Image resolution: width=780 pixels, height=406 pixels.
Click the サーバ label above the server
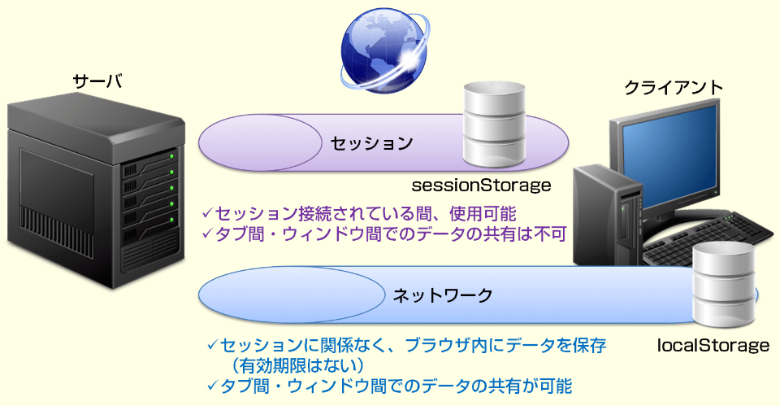(x=97, y=81)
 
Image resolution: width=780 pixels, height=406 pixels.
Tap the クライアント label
(x=674, y=88)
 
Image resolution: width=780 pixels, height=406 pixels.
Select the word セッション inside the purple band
(x=371, y=143)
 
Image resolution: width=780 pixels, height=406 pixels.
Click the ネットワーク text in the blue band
(x=442, y=295)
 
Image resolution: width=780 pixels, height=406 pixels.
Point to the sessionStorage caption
(x=481, y=186)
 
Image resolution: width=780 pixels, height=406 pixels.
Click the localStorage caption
(x=713, y=345)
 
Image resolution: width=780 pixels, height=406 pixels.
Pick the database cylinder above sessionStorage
(x=495, y=124)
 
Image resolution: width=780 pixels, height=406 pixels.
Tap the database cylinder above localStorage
(x=724, y=286)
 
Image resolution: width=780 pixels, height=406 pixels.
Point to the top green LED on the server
(x=172, y=156)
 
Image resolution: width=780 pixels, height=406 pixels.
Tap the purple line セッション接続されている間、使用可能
(x=358, y=214)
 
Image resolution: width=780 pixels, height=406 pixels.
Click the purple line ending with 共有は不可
(x=384, y=234)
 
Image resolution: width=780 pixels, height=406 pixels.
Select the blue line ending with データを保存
(x=407, y=345)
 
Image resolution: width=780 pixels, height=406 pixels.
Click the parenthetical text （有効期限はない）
(x=297, y=365)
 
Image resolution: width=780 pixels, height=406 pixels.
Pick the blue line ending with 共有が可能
(x=389, y=386)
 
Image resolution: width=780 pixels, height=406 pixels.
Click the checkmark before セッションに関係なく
(x=213, y=344)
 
